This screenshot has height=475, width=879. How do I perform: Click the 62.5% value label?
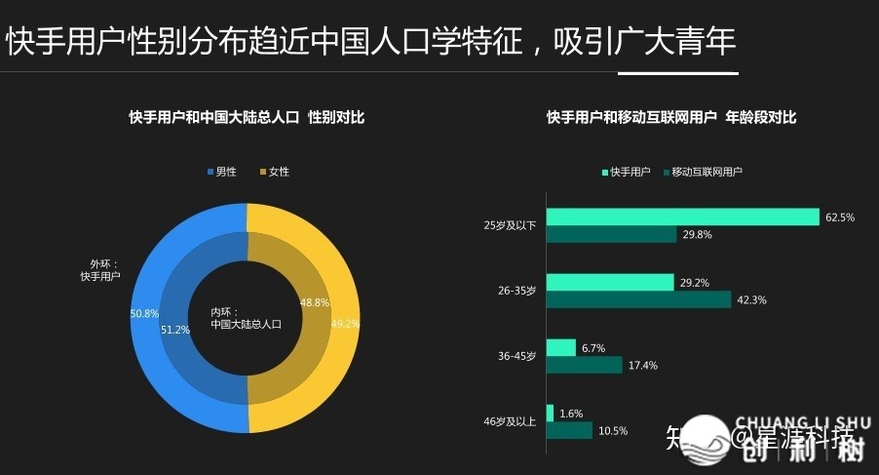[839, 218]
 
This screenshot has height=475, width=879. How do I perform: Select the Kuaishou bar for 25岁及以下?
[682, 218]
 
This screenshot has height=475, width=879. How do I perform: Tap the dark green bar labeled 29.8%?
[611, 235]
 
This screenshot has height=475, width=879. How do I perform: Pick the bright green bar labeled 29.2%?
[610, 282]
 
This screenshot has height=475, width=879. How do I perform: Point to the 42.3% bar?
[638, 299]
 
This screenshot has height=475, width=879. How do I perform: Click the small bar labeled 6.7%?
[561, 347]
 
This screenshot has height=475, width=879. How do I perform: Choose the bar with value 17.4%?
[584, 365]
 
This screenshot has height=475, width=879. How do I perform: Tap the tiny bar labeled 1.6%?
[550, 413]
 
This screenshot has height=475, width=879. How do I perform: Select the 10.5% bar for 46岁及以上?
[569, 430]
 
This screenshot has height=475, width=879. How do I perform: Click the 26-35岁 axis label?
[516, 291]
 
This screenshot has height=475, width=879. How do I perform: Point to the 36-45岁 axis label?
[516, 356]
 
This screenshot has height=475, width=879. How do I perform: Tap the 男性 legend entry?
[220, 172]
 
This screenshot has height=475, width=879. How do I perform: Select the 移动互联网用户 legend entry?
[702, 172]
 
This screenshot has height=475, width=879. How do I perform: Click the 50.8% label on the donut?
[144, 313]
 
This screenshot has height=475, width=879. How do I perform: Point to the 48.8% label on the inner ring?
[315, 302]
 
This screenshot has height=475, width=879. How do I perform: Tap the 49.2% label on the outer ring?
[345, 324]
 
